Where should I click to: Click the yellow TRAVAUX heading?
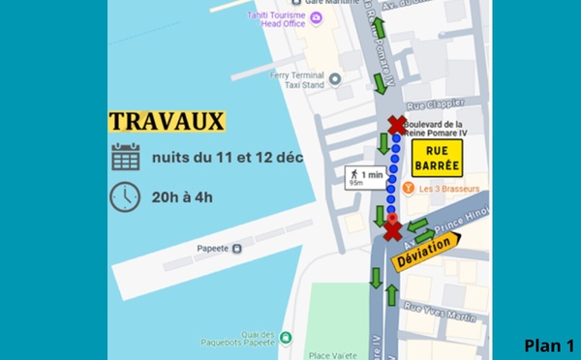(x=167, y=121)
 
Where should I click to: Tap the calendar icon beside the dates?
(x=125, y=157)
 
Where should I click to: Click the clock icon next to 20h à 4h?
(x=125, y=196)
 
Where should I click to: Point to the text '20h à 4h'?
(x=182, y=197)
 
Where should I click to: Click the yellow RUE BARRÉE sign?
(x=437, y=159)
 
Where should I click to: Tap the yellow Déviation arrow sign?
(x=426, y=249)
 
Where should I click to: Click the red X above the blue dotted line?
(x=396, y=124)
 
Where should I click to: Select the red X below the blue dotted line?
(x=391, y=230)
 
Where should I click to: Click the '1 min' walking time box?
(x=365, y=177)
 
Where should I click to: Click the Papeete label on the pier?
(x=212, y=248)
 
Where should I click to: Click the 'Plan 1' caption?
(x=549, y=345)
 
